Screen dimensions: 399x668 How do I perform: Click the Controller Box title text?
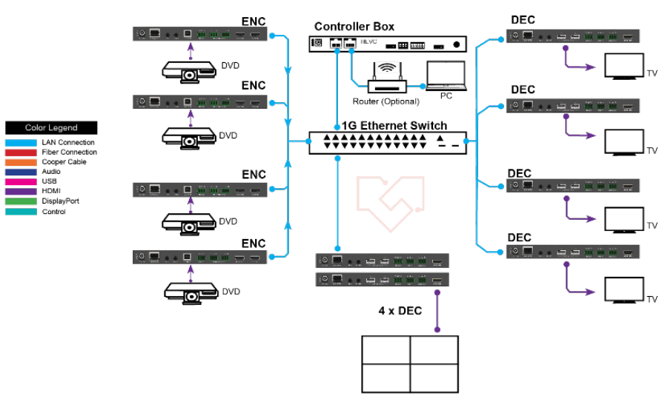tap(354, 27)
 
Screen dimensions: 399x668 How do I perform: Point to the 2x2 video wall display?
tap(410, 363)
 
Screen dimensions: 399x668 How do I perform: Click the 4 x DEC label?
tap(400, 310)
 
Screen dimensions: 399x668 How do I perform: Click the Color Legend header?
tap(51, 128)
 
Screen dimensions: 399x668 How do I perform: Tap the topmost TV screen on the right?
tap(623, 67)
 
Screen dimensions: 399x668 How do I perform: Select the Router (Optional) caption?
tap(386, 101)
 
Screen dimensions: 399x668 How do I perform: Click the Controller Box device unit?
tap(389, 44)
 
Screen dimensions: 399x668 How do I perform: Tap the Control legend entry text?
tap(53, 212)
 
